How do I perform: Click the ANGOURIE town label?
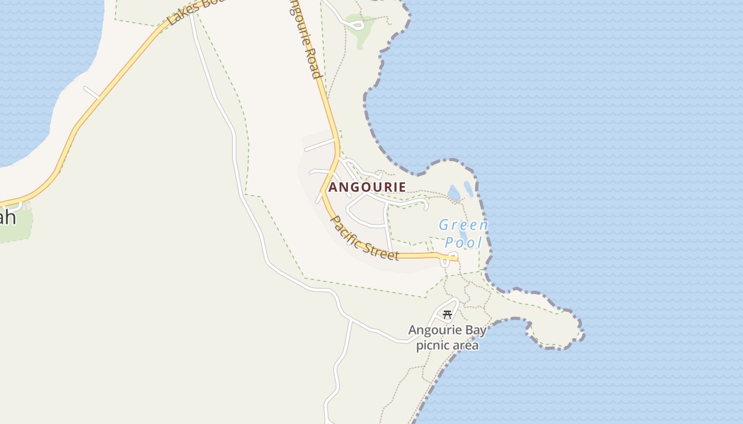[367, 187]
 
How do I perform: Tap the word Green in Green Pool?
[463, 225]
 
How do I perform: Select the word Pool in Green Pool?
[463, 243]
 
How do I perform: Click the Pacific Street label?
[365, 237]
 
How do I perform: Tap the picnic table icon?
[447, 314]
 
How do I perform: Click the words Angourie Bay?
[447, 331]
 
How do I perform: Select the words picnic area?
[447, 346]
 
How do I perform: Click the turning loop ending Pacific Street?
[453, 257]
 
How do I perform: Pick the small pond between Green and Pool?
[463, 234]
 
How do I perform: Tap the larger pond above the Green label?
[454, 193]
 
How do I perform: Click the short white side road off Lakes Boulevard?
[91, 92]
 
